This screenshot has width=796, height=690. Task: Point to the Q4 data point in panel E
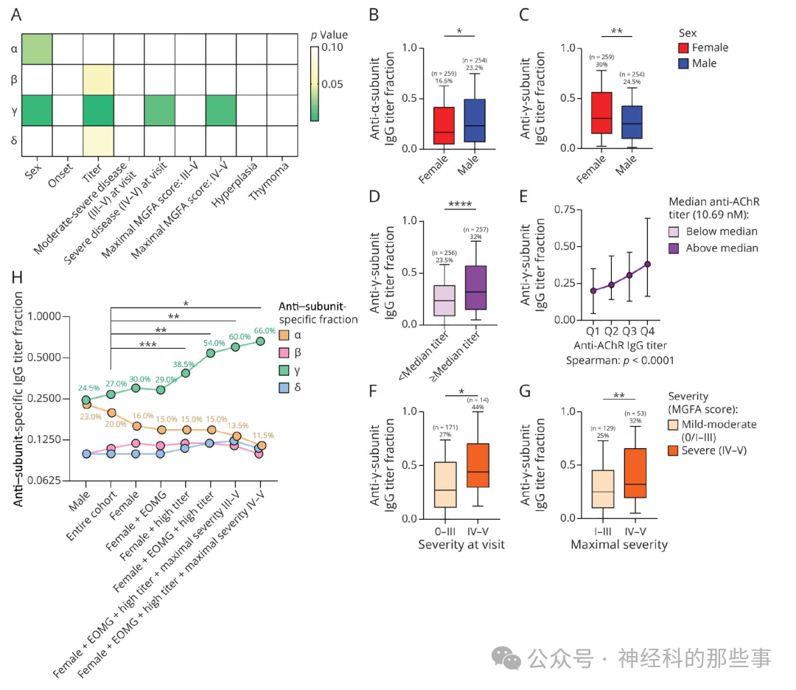point(648,264)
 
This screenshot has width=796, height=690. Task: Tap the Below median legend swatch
point(676,231)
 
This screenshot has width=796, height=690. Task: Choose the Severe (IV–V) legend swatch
point(677,450)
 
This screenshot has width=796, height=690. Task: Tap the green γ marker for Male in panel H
point(86,400)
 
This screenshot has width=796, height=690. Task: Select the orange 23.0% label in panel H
point(91,417)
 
